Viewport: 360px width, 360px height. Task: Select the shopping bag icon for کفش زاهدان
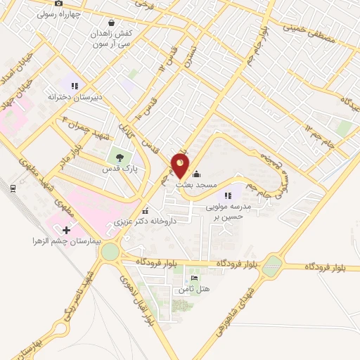pos(112,22)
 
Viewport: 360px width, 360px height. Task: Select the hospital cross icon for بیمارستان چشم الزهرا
pos(67,230)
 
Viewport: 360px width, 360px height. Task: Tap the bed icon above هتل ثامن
pos(185,278)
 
